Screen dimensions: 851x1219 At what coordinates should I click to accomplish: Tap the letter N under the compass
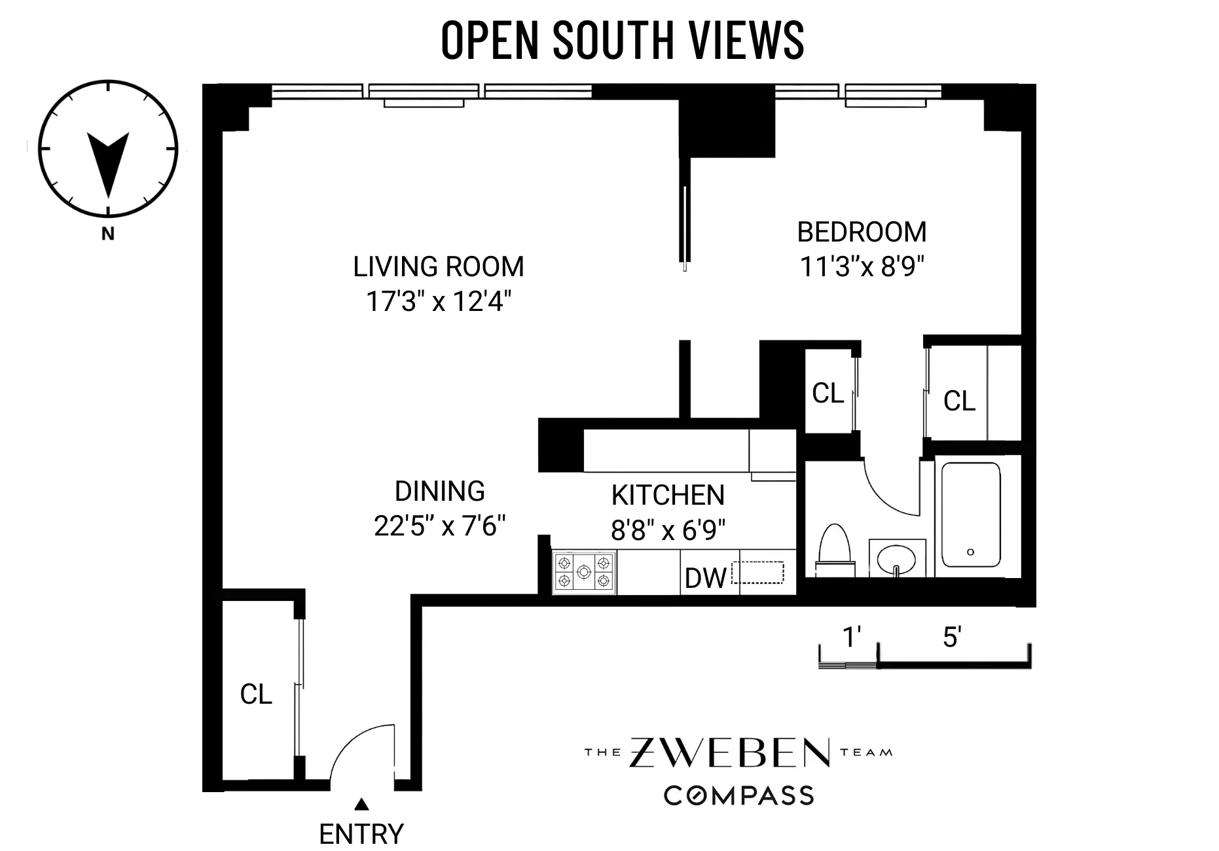108,234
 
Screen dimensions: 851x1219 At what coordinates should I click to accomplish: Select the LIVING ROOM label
438,267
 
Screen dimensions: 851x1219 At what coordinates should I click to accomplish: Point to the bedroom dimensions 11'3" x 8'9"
862,266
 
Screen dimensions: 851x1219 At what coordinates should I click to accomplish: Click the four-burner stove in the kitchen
584,572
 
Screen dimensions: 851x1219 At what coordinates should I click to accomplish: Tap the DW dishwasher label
705,578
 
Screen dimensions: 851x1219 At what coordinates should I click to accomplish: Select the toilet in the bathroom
835,550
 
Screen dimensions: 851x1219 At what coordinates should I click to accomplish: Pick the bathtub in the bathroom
971,515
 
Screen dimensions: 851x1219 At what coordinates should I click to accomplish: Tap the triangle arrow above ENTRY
361,804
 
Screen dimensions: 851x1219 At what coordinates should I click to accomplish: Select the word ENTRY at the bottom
361,834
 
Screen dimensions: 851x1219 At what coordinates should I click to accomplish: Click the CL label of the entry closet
256,695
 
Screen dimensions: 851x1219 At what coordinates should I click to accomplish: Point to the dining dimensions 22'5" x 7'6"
440,526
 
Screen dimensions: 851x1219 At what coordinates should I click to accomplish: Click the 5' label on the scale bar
951,637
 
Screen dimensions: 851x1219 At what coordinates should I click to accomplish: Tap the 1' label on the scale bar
851,637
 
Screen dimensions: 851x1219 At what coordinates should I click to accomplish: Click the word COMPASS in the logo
738,795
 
